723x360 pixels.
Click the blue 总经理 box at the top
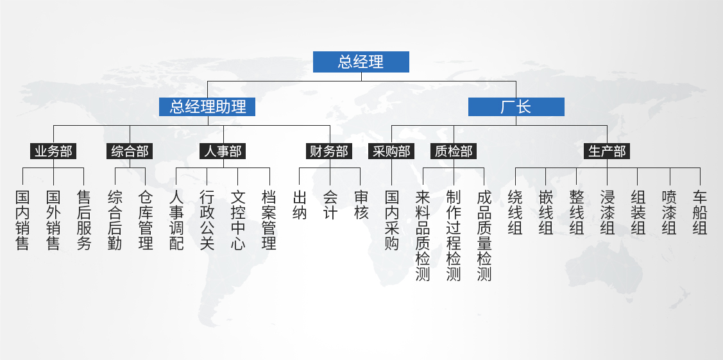[x=361, y=62]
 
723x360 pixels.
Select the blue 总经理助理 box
[x=207, y=107]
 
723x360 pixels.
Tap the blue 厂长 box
[x=516, y=107]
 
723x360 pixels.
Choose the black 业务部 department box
[x=53, y=151]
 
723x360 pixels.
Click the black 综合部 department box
[x=130, y=151]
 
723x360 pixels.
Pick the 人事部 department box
[x=223, y=151]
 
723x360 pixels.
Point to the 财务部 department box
[x=329, y=151]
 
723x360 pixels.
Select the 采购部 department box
[x=391, y=151]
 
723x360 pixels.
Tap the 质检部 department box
[x=454, y=151]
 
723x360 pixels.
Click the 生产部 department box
[x=607, y=151]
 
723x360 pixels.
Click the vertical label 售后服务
[x=84, y=219]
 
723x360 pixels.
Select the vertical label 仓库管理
[x=146, y=219]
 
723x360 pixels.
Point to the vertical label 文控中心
[x=238, y=219]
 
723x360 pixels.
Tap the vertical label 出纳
[x=300, y=205]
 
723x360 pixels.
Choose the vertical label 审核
[x=361, y=205]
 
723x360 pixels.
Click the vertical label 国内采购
[x=392, y=219]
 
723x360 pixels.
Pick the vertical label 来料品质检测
[x=423, y=235]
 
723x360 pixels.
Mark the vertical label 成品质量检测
[x=484, y=235]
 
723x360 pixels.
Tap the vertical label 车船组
[x=700, y=212]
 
